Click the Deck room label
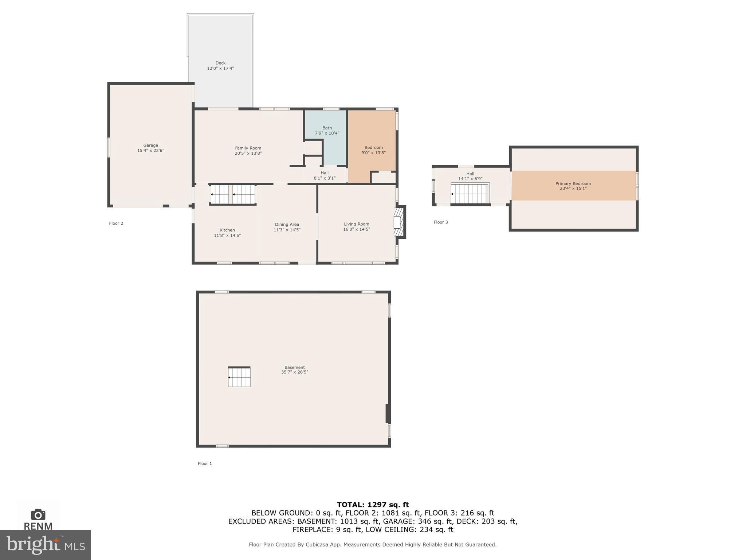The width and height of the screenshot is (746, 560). (x=220, y=63)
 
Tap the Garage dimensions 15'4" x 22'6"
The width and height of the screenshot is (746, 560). (x=151, y=151)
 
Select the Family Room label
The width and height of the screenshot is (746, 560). (x=248, y=148)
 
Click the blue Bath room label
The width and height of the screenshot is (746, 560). (x=327, y=128)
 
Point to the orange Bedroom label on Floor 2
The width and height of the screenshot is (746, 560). (x=373, y=148)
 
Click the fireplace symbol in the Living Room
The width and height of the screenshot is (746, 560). (x=399, y=222)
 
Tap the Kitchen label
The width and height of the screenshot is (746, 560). (x=227, y=230)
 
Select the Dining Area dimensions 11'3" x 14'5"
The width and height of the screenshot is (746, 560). (x=287, y=230)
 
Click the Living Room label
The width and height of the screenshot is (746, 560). (x=356, y=224)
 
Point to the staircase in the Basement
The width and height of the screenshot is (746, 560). (x=239, y=377)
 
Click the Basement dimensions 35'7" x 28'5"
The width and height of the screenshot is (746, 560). (x=295, y=372)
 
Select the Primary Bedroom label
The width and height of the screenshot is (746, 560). (x=573, y=184)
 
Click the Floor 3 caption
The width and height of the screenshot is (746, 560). (x=441, y=222)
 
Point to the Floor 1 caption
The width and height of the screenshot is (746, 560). (x=205, y=463)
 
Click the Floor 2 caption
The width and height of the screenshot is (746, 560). (x=116, y=223)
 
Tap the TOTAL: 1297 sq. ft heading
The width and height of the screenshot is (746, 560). (x=373, y=505)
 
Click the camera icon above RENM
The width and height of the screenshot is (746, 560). (x=38, y=514)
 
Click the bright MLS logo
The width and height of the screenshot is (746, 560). (x=46, y=545)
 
